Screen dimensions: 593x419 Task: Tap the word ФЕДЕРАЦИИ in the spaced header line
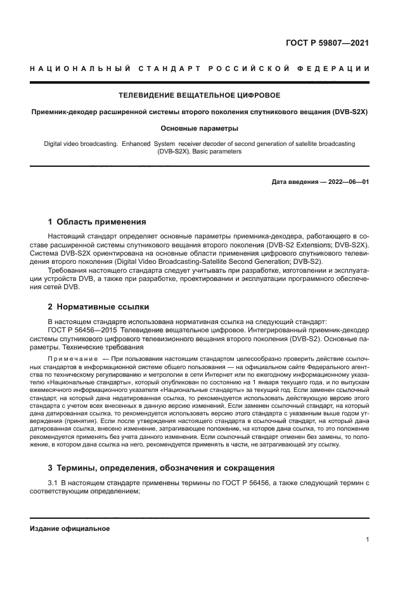pyautogui.click(x=337, y=68)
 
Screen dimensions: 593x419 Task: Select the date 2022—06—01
pyautogui.click(x=347, y=182)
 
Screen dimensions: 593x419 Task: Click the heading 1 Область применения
pyautogui.click(x=97, y=222)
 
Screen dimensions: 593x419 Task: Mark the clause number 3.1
pyautogui.click(x=53, y=484)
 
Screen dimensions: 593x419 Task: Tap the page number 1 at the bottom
pyautogui.click(x=368, y=540)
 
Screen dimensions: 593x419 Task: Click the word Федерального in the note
pyautogui.click(x=330, y=367)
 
